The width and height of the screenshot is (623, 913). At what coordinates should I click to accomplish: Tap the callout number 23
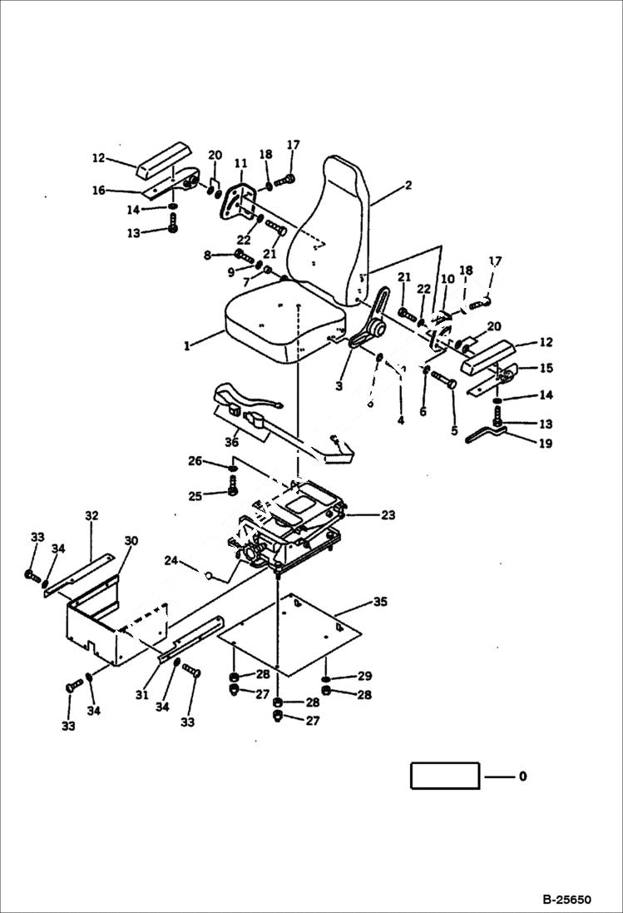coord(388,515)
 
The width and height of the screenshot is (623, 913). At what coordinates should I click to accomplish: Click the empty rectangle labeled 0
coord(445,776)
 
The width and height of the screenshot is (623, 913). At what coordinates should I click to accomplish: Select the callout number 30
coord(131,540)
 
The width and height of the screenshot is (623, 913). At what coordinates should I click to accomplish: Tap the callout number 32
coord(91,516)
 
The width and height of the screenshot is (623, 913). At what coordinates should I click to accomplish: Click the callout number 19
coord(545,444)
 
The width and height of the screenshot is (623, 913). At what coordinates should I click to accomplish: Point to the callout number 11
coord(241,162)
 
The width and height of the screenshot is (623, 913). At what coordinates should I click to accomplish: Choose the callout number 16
coord(99,191)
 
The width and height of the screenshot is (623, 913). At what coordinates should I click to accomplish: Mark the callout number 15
coord(546,368)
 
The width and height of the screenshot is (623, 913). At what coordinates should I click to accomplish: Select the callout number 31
coord(142,694)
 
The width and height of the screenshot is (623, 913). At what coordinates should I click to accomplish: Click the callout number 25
coord(194,496)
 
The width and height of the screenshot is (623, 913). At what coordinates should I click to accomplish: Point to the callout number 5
coord(454,431)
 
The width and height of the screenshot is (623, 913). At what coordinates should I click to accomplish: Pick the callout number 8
coord(206,255)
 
